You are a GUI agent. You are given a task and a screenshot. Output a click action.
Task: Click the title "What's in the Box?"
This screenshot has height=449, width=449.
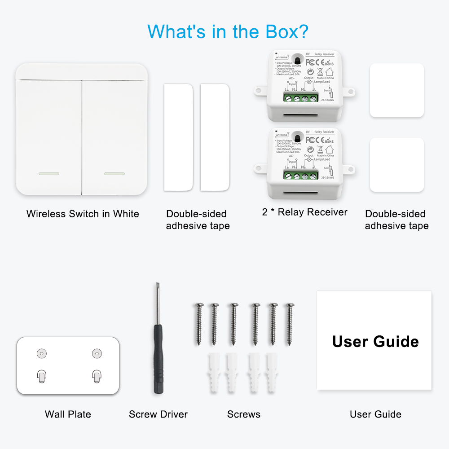pyautogui.click(x=228, y=31)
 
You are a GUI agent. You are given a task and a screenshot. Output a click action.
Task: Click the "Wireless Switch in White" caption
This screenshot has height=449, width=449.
pyautogui.click(x=83, y=214)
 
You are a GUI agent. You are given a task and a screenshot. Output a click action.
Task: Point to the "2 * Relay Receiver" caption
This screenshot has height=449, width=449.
pyautogui.click(x=305, y=212)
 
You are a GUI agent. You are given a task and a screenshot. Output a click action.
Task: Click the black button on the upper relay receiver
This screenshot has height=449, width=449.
pyautogui.click(x=297, y=59)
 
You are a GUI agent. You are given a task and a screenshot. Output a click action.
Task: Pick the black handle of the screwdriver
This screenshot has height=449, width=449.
pyautogui.click(x=158, y=359)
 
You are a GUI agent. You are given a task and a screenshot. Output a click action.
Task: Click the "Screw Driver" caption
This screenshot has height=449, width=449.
pyautogui.click(x=158, y=414)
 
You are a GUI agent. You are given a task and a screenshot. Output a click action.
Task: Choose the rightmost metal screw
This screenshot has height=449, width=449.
pyautogui.click(x=290, y=323)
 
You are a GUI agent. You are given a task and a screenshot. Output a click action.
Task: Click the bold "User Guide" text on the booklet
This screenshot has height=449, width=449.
pyautogui.click(x=375, y=342)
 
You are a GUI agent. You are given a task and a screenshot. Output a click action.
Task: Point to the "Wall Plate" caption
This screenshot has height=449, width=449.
pyautogui.click(x=68, y=414)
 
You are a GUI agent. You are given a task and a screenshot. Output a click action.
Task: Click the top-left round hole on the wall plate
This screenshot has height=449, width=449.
pyautogui.click(x=41, y=353)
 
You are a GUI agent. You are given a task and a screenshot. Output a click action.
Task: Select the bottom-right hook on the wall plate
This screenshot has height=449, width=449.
pyautogui.click(x=96, y=375)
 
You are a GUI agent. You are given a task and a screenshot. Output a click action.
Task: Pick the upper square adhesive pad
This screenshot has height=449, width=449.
pyautogui.click(x=396, y=90)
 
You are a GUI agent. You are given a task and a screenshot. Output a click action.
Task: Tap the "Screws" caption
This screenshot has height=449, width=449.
pyautogui.click(x=244, y=414)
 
